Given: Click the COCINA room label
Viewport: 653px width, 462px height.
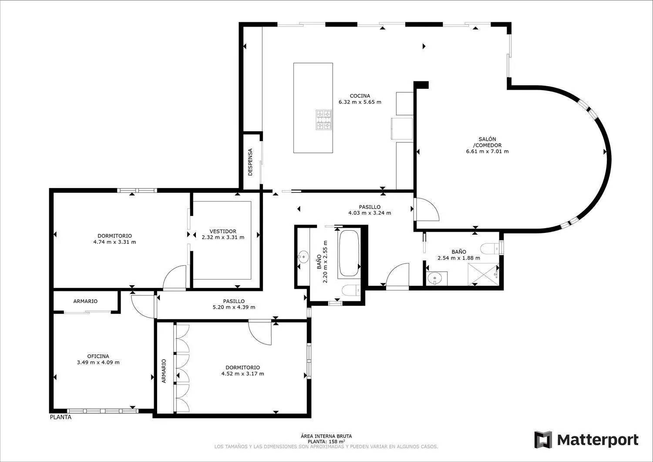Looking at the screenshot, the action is pyautogui.click(x=360, y=96).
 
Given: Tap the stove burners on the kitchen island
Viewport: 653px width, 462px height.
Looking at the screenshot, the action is pyautogui.click(x=324, y=120).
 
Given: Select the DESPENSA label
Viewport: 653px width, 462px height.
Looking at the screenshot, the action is pyautogui.click(x=250, y=162).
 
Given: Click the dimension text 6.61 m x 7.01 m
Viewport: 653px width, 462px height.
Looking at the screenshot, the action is pyautogui.click(x=487, y=152).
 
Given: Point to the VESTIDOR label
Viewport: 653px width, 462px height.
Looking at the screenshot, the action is pyautogui.click(x=223, y=231).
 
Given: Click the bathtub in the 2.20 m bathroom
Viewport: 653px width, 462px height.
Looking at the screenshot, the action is pyautogui.click(x=349, y=253).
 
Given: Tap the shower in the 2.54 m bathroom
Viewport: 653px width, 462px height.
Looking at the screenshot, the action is pyautogui.click(x=483, y=274).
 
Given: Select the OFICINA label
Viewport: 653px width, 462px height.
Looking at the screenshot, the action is pyautogui.click(x=98, y=356).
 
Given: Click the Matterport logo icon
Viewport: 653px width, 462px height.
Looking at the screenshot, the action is pyautogui.click(x=543, y=440).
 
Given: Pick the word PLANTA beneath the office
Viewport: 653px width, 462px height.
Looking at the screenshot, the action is pyautogui.click(x=61, y=417).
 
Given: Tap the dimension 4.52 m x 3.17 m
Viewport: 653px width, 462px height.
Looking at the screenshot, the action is pyautogui.click(x=242, y=374).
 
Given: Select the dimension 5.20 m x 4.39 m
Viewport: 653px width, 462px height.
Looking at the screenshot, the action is pyautogui.click(x=234, y=307).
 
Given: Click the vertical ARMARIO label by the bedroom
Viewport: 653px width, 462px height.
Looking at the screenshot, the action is pyautogui.click(x=164, y=371).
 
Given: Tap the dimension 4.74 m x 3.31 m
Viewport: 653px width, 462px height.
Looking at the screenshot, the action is pyautogui.click(x=114, y=242).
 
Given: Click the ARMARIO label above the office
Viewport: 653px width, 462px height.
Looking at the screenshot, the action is pyautogui.click(x=85, y=301).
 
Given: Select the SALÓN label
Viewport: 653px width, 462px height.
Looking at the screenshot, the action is pyautogui.click(x=487, y=139).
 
